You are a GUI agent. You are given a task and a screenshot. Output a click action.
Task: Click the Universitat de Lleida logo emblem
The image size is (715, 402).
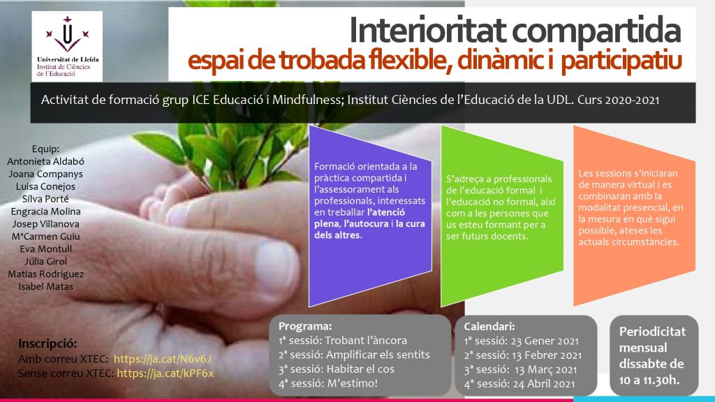coord(67,35)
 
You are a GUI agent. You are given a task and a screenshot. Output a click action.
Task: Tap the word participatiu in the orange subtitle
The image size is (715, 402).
coord(621,62)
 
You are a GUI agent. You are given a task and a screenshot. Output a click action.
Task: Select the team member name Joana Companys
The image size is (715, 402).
coord(45,174)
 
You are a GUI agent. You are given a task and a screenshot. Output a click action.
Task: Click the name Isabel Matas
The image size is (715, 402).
coord(45,287)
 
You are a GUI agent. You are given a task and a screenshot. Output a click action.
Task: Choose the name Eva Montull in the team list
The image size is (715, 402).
coord(45,249)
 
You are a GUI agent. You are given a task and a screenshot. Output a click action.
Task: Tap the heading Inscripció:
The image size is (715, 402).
coord(47,343)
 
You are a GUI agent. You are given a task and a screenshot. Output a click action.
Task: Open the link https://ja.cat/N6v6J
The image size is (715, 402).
coord(162,359)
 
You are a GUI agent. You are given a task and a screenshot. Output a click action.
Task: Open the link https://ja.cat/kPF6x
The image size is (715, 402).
coord(165,374)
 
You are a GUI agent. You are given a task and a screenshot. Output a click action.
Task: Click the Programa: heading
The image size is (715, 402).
coord(305,327)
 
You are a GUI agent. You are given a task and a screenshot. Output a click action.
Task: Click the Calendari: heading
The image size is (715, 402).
coord(489,327)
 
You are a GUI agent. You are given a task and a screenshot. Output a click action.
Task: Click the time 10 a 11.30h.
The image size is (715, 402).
coord(649,380)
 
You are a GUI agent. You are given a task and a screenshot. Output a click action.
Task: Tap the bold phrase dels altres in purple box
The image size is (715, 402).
coord(337,236)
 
